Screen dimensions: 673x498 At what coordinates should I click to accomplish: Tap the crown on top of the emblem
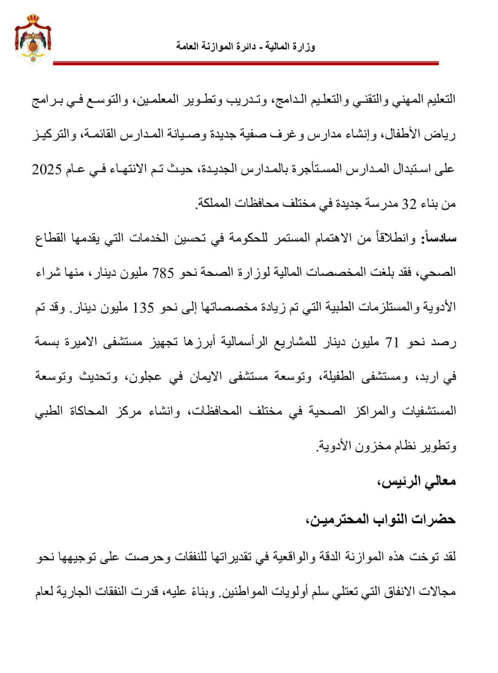click(33, 19)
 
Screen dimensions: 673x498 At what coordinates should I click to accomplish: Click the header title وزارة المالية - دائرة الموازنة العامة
click(245, 46)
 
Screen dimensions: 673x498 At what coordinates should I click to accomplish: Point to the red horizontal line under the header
click(245, 64)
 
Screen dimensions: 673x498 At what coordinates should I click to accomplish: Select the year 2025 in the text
click(47, 170)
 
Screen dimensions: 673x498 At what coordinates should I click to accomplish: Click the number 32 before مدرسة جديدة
click(409, 204)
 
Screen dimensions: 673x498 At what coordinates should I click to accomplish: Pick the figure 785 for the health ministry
click(163, 273)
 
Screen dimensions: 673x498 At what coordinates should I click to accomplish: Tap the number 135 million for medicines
click(144, 307)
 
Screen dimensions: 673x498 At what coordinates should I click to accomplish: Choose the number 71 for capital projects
click(392, 342)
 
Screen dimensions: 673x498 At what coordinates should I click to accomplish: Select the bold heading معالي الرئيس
click(416, 481)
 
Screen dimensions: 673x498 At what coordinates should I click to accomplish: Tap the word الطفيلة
click(338, 376)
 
